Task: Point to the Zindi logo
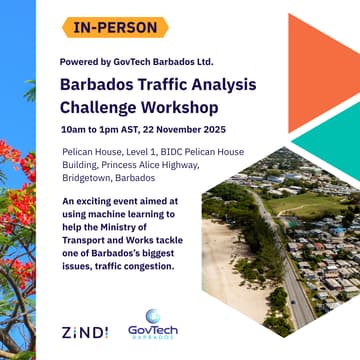coord(84,331)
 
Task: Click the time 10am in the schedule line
coord(73,130)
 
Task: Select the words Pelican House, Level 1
coord(107,152)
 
